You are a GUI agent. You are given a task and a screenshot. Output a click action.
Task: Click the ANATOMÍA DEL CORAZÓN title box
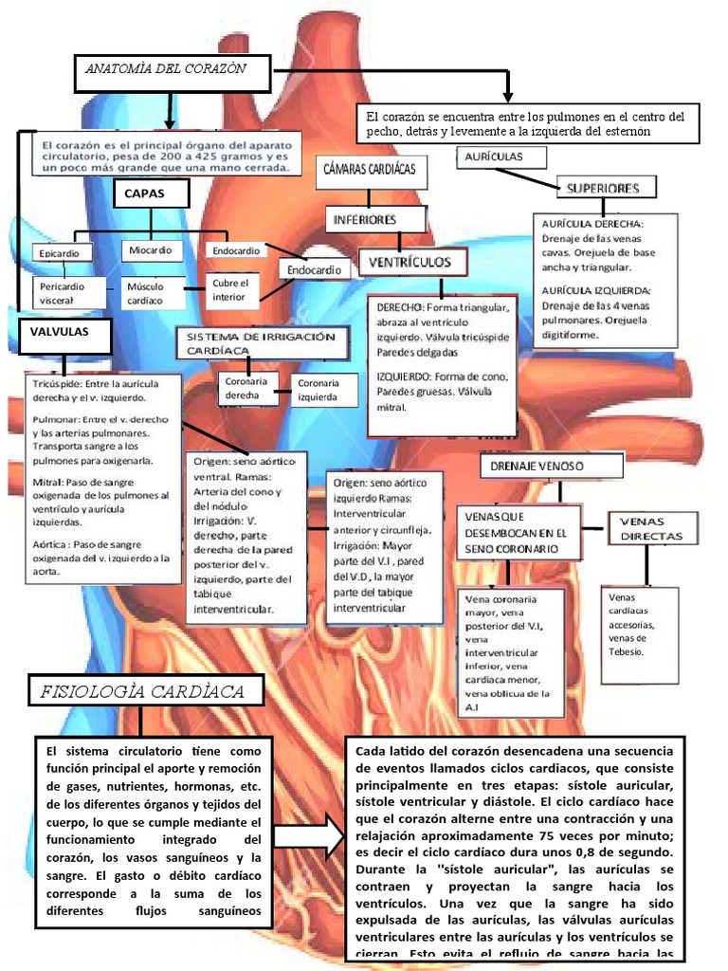click(172, 69)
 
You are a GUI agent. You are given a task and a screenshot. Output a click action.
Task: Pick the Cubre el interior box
click(233, 289)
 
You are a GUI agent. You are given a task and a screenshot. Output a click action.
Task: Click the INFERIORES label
click(363, 220)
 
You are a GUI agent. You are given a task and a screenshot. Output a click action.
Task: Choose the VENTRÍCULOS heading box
click(409, 262)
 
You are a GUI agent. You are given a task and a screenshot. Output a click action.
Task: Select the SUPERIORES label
click(603, 188)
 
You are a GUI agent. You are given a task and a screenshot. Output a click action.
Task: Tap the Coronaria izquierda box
click(318, 389)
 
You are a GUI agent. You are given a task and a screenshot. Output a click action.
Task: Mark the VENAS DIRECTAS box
click(653, 529)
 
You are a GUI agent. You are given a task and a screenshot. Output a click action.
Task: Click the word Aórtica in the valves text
click(51, 544)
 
